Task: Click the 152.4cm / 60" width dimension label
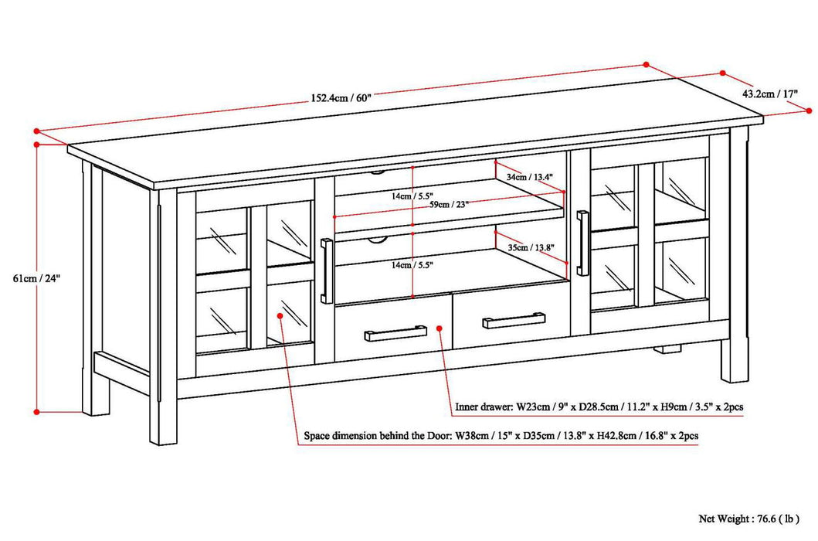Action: point(341,98)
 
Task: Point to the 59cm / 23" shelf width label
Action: point(443,204)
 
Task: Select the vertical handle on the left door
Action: point(326,271)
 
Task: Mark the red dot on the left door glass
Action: point(280,315)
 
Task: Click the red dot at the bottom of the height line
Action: point(36,412)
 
